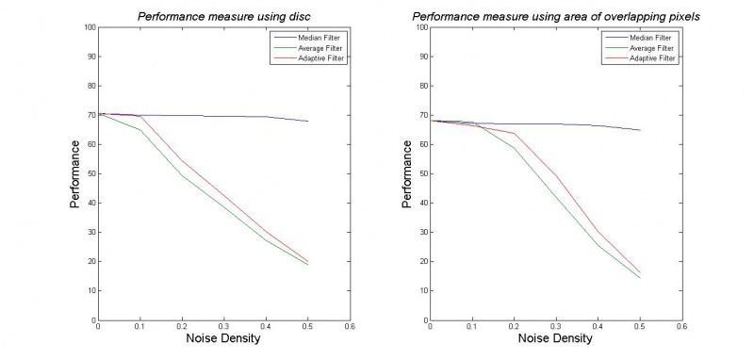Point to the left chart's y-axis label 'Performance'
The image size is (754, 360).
(x=75, y=173)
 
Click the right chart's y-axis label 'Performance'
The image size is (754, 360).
(x=407, y=173)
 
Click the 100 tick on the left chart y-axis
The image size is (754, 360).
(x=89, y=27)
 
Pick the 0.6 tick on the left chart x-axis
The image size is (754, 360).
(x=349, y=328)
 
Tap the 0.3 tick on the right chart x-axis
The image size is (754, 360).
(x=556, y=328)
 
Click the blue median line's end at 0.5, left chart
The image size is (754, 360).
(x=307, y=121)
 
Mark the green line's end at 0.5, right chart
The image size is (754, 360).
(x=640, y=277)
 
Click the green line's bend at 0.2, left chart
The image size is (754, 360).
(x=182, y=175)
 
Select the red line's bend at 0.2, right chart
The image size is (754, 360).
(x=514, y=133)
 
